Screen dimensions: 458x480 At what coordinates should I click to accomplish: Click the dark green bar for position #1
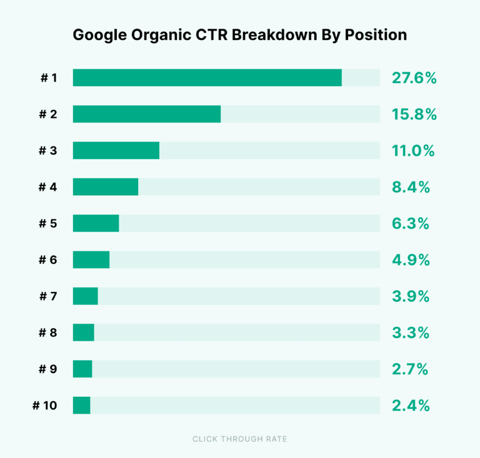point(207,78)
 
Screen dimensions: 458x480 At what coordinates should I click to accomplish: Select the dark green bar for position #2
point(147,114)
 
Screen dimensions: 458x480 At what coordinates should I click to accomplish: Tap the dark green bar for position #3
point(116,150)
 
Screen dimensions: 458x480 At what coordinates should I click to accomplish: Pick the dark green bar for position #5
point(96,223)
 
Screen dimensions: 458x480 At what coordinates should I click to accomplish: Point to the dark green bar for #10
point(81,405)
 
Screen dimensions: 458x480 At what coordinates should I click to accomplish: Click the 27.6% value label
point(414,78)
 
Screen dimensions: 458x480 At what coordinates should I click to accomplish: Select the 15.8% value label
point(414,114)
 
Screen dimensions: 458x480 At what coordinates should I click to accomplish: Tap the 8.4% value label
point(411,187)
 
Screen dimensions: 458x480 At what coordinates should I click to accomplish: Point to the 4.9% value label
point(411,260)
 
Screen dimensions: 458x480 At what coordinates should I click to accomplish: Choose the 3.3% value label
point(411,333)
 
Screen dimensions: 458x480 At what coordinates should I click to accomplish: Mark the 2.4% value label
point(411,406)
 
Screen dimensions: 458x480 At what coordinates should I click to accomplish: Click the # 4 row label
point(47,187)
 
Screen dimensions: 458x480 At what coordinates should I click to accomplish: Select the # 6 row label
point(47,260)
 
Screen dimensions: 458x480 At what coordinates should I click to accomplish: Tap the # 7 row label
point(47,296)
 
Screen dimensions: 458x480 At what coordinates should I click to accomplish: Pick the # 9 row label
point(47,369)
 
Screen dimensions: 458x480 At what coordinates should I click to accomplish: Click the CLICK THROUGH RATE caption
point(240,439)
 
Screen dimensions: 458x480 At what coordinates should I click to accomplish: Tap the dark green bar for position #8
point(83,333)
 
